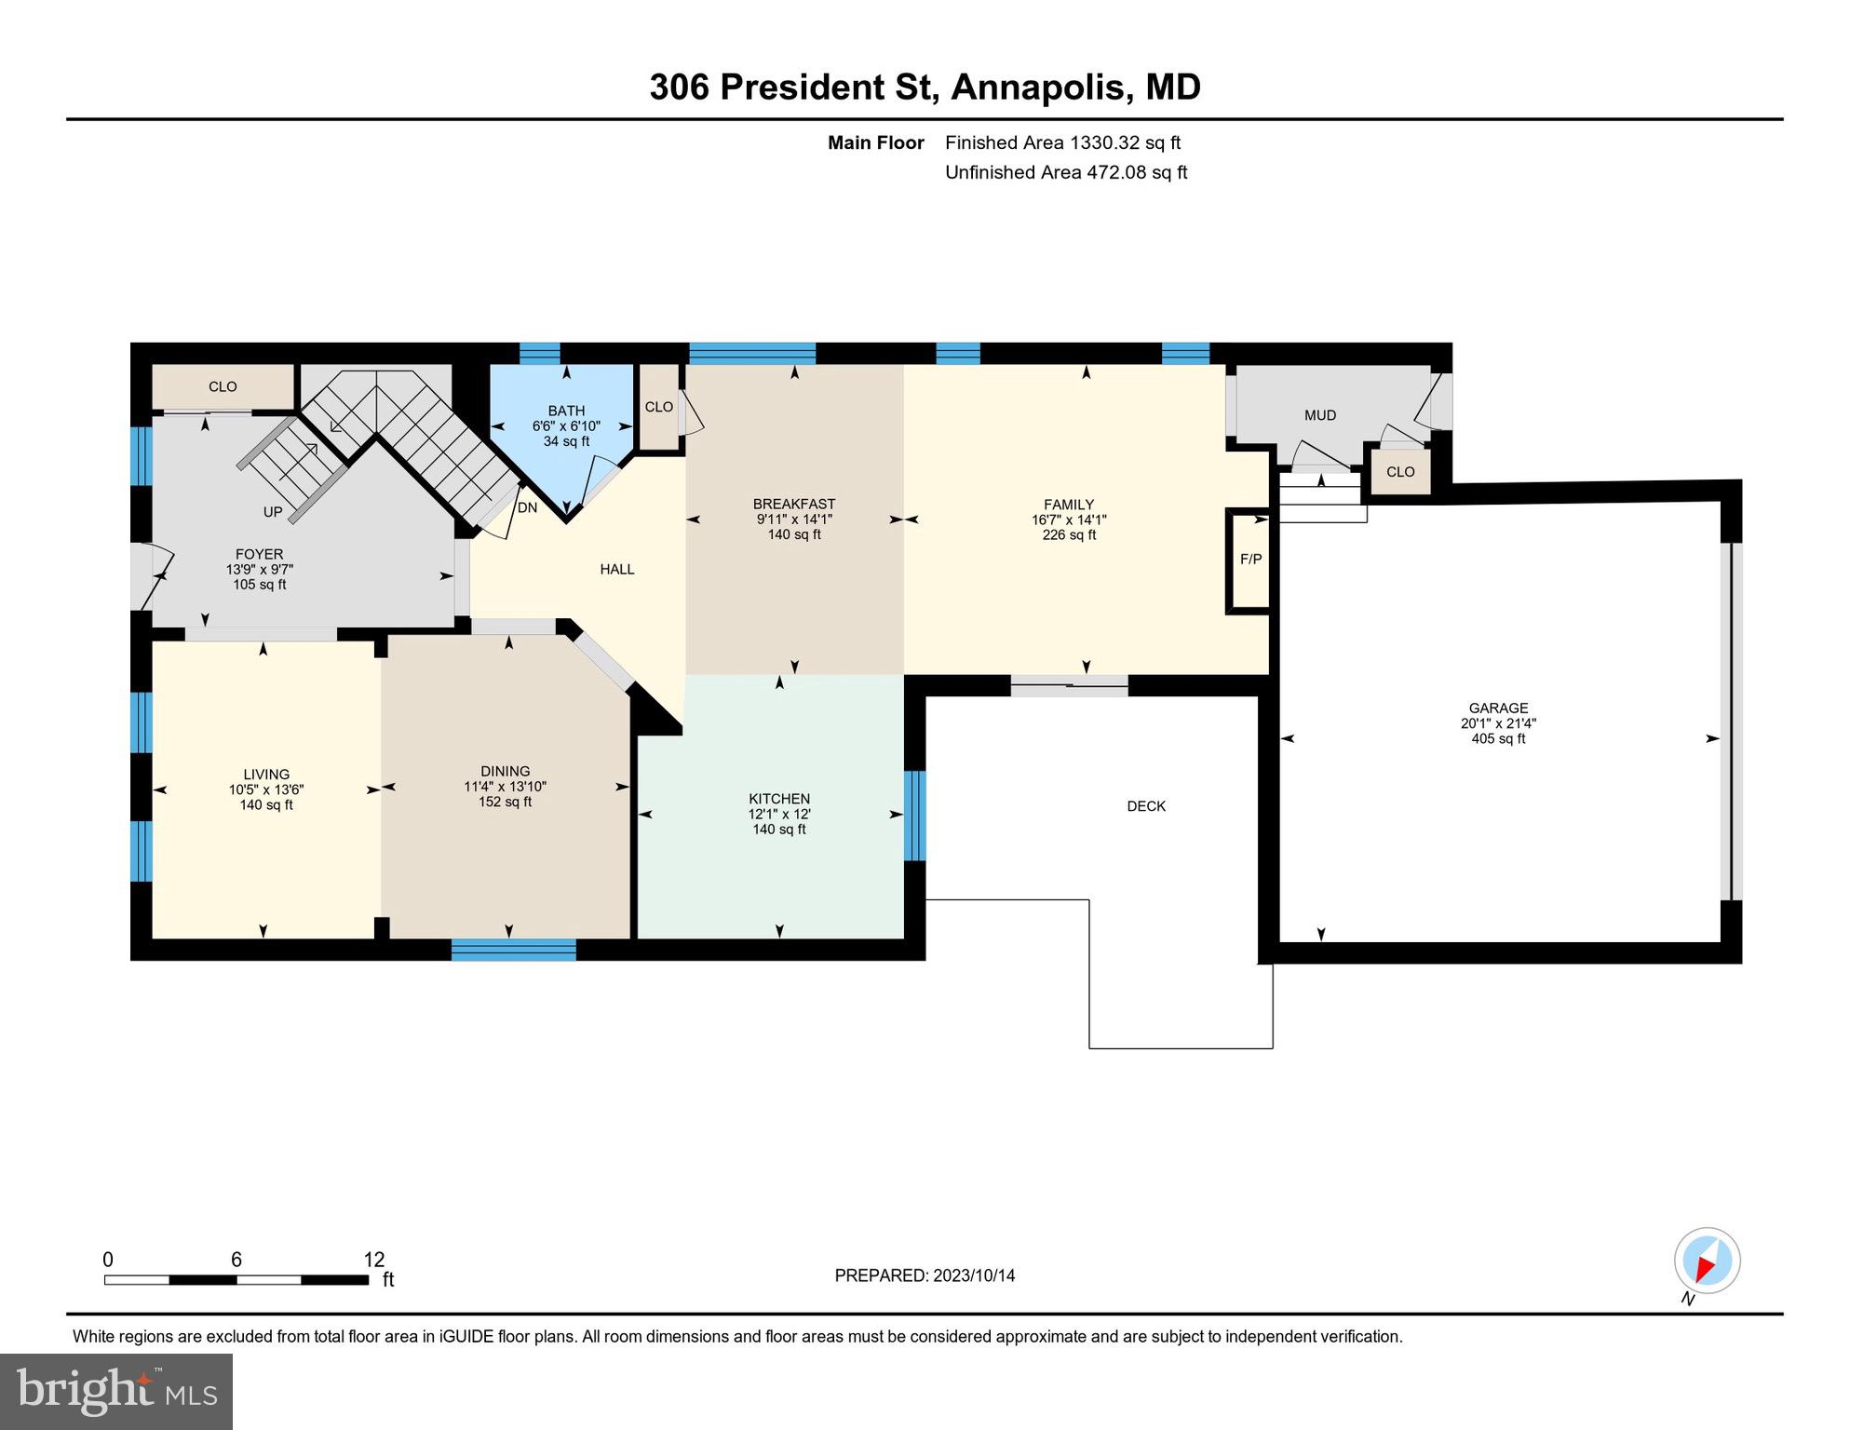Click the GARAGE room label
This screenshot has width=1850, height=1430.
pos(1498,708)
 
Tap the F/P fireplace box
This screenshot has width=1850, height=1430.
pos(1250,560)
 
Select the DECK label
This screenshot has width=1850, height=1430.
pos(1145,806)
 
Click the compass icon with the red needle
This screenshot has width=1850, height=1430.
pos(1707,1261)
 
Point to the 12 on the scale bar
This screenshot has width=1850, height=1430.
pos(373,1260)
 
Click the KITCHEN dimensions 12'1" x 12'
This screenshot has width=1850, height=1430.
pos(779,814)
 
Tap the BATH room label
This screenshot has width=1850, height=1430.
pos(566,411)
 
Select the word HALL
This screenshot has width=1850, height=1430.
pos(616,569)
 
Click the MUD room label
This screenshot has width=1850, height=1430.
pos(1319,415)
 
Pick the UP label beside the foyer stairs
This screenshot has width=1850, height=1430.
pos(272,512)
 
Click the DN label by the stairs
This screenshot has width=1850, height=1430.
pos(527,507)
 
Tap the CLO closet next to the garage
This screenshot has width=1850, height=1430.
pos(1399,472)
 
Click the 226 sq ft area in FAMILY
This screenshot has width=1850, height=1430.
pos(1068,535)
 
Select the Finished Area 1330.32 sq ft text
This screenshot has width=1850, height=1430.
pos(1062,142)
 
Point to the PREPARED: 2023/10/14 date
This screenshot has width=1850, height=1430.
pos(924,1275)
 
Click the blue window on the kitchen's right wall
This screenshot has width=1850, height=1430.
pos(914,816)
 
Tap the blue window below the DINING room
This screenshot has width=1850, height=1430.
pos(513,950)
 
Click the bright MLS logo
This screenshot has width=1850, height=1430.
pos(116,1391)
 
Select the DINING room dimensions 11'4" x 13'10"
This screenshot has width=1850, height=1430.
pos(505,787)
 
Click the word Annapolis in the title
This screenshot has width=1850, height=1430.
pos(1042,87)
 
